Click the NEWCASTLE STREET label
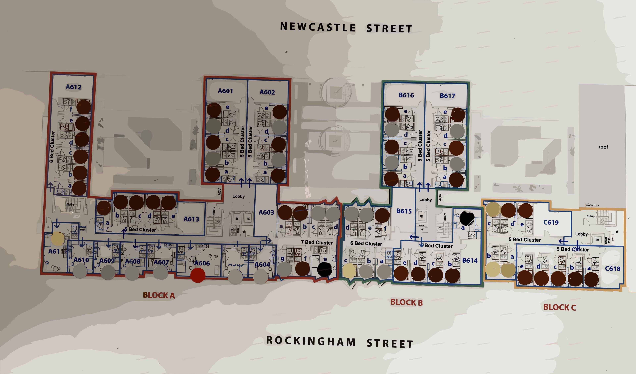point(346,28)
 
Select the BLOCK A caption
point(159,295)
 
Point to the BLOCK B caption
point(406,302)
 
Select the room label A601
point(225,91)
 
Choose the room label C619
point(551,222)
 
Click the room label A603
point(266,212)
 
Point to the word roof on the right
point(603,147)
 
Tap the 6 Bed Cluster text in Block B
point(366,244)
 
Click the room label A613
point(191,219)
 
